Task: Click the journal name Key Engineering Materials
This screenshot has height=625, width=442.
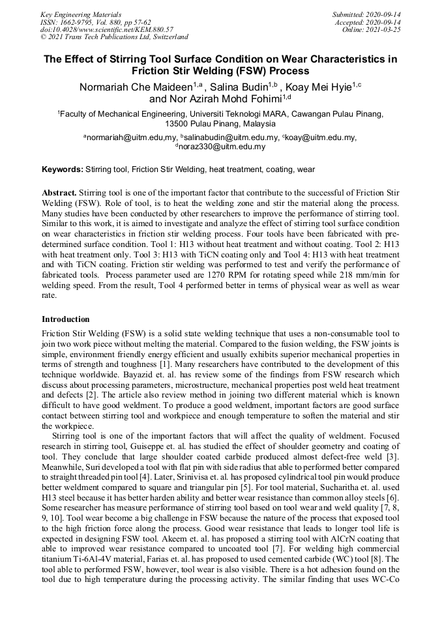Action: pos(80,14)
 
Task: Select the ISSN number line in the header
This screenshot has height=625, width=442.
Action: pos(95,22)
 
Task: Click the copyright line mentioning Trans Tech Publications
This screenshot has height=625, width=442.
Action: pos(114,37)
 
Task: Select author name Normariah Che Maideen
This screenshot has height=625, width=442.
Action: pos(135,87)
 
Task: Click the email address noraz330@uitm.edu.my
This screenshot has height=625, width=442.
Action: pos(222,147)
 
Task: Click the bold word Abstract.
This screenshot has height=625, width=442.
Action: pos(59,194)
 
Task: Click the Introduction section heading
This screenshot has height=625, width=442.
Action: pos(66,319)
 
